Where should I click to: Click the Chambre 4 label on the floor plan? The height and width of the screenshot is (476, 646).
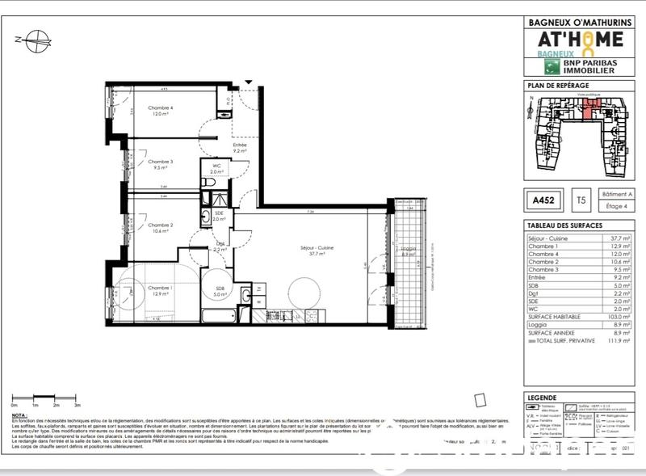click(159, 107)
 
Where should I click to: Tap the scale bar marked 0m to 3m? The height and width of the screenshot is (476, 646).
click(47, 398)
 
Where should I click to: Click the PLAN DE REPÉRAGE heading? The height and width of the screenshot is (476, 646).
click(558, 85)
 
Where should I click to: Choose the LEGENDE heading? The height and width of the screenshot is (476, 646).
click(541, 398)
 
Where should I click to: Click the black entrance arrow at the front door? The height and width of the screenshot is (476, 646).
click(249, 83)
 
